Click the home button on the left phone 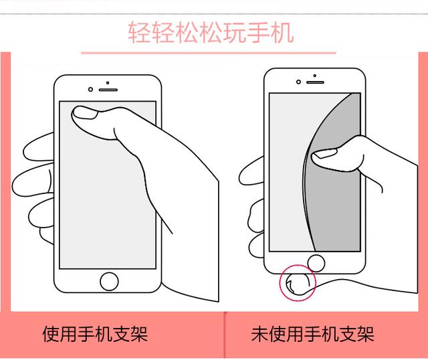point(109,281)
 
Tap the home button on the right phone point(316,263)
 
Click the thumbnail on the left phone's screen point(86,113)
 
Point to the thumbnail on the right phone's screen point(324,153)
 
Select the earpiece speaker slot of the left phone point(108,90)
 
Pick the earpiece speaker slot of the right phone point(315,82)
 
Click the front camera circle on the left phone point(90,89)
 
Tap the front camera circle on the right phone point(298,82)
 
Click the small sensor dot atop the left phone point(108,82)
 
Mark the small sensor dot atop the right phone point(315,76)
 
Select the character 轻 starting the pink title point(139,32)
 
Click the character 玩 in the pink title point(235,32)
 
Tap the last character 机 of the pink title point(282,32)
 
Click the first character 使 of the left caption point(51,334)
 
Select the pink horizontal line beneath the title point(209,53)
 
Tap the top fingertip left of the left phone point(38,147)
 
